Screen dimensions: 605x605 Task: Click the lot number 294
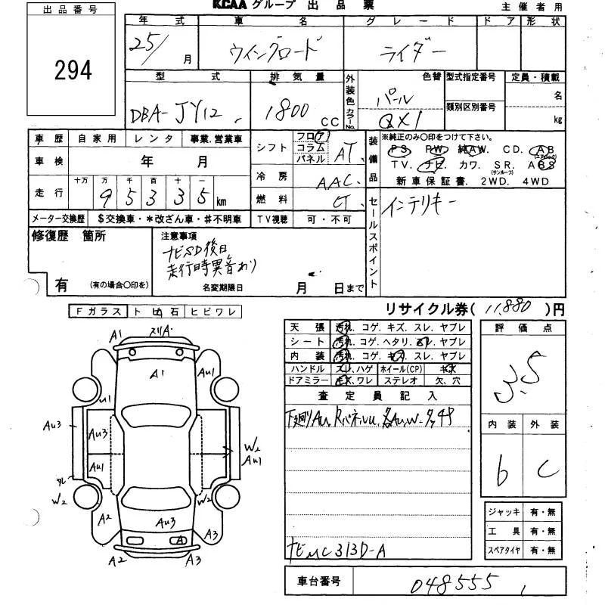coord(73,70)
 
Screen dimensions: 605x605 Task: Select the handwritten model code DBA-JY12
coord(186,115)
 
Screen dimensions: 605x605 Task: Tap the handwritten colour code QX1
coord(405,119)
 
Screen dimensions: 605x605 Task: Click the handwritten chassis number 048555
coord(454,584)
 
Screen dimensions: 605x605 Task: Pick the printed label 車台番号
coord(315,582)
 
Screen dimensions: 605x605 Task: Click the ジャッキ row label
coord(504,512)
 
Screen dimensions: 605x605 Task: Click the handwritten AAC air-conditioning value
coord(337,181)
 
